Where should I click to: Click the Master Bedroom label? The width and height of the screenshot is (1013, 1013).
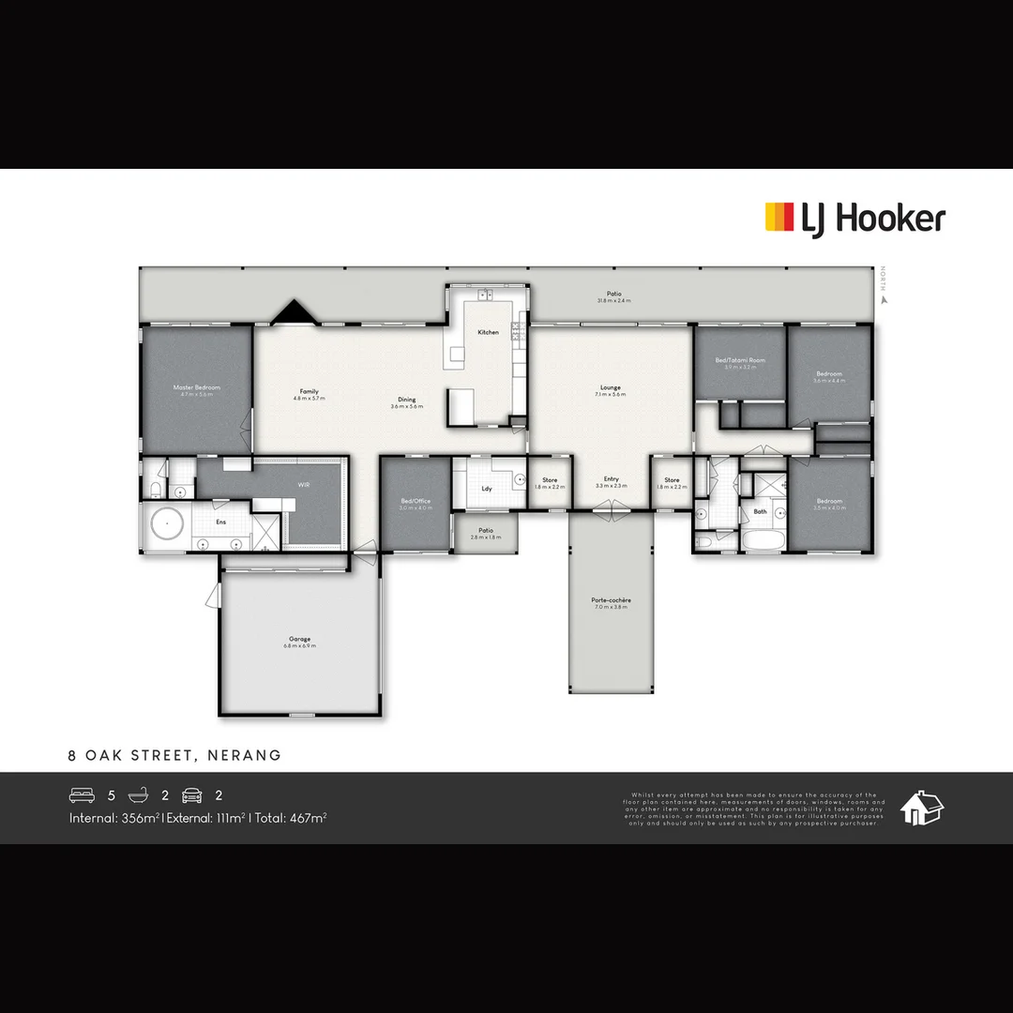(x=197, y=387)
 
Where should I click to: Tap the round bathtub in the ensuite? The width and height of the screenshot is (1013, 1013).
(x=168, y=523)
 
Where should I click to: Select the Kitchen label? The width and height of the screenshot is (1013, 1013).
(x=488, y=333)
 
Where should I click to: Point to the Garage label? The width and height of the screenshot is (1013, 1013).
(x=300, y=639)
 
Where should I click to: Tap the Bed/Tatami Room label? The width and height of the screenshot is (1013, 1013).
(x=740, y=360)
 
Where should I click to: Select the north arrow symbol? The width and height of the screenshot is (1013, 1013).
(x=883, y=300)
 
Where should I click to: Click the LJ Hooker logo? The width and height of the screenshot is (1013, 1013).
(x=854, y=219)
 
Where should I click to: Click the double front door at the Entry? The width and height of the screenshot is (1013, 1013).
(x=611, y=509)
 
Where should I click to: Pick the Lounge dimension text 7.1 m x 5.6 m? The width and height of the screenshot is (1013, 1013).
(x=611, y=395)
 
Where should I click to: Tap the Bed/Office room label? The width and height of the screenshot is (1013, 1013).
(x=416, y=501)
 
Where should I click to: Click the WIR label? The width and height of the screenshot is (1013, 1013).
(x=303, y=486)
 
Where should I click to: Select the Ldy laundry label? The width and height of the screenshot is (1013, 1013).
(x=487, y=489)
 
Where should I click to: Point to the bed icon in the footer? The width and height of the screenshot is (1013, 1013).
(x=82, y=795)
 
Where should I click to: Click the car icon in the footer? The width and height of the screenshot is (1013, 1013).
(x=192, y=795)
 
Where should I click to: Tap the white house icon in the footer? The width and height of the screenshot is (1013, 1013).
(x=921, y=808)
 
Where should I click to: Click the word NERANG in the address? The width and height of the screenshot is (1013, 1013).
(x=246, y=755)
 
